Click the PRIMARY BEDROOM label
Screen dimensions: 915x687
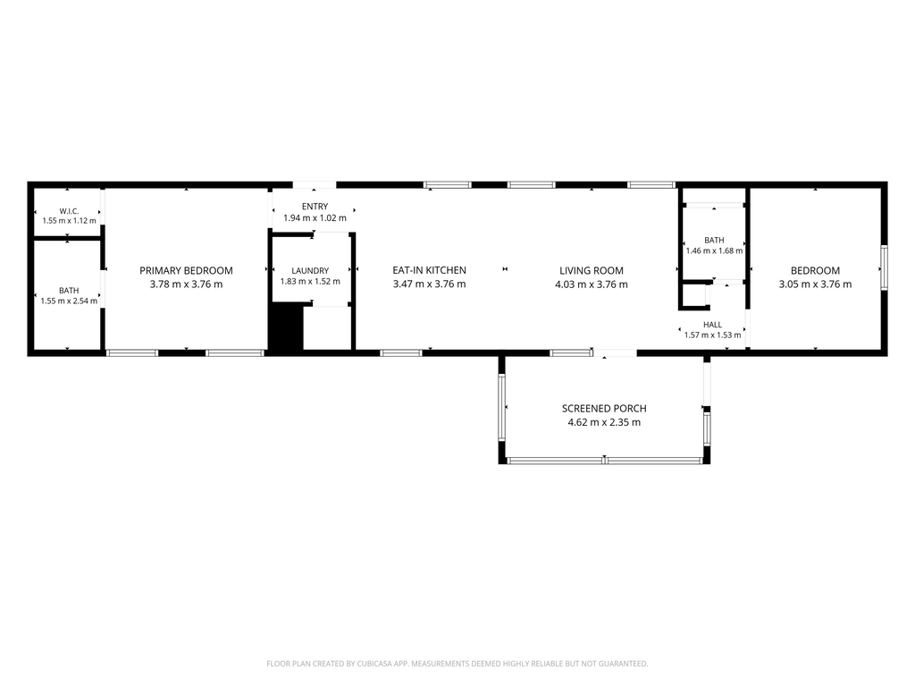click(x=186, y=270)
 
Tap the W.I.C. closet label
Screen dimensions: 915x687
click(x=69, y=211)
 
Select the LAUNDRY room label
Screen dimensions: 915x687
click(x=310, y=270)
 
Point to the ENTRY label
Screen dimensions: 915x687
click(x=315, y=207)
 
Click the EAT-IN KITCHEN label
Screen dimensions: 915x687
click(x=430, y=270)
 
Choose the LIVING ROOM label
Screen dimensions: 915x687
click(x=592, y=270)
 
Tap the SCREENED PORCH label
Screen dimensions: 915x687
click(x=604, y=408)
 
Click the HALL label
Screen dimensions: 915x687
click(x=712, y=324)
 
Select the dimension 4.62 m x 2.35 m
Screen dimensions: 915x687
click(x=604, y=422)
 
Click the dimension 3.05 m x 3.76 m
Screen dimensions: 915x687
click(x=815, y=284)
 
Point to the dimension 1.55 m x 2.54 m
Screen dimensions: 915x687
click(x=69, y=301)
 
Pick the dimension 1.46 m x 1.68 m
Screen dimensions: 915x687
click(x=714, y=250)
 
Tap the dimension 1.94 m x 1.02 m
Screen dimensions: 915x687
click(x=315, y=218)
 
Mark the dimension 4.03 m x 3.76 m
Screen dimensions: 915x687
click(x=592, y=284)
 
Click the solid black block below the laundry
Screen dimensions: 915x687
click(x=287, y=328)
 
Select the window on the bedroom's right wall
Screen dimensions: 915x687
click(x=884, y=267)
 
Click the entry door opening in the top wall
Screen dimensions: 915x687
click(x=314, y=184)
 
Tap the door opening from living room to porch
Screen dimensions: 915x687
click(x=615, y=352)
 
